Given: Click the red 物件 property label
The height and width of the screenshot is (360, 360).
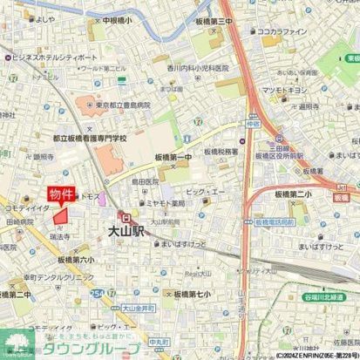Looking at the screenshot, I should click(61, 194).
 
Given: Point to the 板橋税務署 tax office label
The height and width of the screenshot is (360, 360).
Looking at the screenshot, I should click(222, 150).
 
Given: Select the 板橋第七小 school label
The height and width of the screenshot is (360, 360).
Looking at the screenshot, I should click(192, 295).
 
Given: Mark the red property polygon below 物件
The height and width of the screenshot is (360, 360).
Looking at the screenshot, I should click(61, 216).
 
